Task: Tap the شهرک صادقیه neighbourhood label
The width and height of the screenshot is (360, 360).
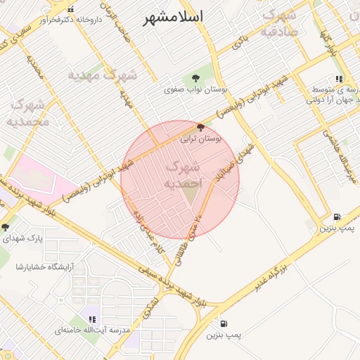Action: tap(278, 22)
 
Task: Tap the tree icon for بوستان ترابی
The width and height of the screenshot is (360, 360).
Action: tap(202, 128)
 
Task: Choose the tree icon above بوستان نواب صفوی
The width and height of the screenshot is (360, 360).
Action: tap(193, 78)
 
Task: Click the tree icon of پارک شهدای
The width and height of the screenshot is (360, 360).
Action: tap(6, 227)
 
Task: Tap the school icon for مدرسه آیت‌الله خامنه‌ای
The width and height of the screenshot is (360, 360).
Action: tap(93, 319)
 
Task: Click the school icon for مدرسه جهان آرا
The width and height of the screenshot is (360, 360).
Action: tap(339, 79)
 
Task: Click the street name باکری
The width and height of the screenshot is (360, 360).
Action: tap(241, 40)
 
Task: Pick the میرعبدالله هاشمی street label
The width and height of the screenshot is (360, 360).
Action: tap(340, 151)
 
